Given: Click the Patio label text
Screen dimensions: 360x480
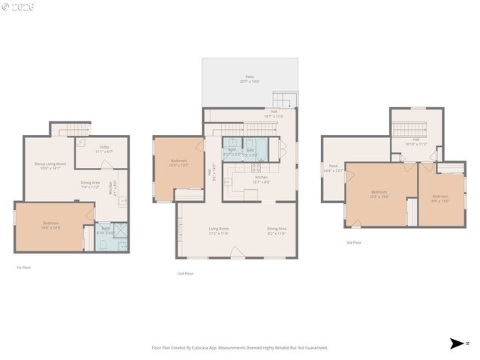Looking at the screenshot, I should [249, 77].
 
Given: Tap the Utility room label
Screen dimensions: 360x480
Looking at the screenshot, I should [105, 147].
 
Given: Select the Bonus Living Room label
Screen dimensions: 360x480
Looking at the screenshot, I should [50, 163].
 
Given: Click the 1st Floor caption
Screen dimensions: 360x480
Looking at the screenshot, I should [24, 267].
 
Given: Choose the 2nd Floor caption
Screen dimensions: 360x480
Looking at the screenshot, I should [185, 274].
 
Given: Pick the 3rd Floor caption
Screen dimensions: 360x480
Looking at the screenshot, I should [353, 243].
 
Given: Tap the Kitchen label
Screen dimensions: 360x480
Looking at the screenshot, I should [260, 178].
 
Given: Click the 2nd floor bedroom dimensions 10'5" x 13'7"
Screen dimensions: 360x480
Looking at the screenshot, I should [178, 164].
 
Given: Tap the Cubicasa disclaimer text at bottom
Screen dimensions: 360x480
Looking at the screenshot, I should [240, 348].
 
